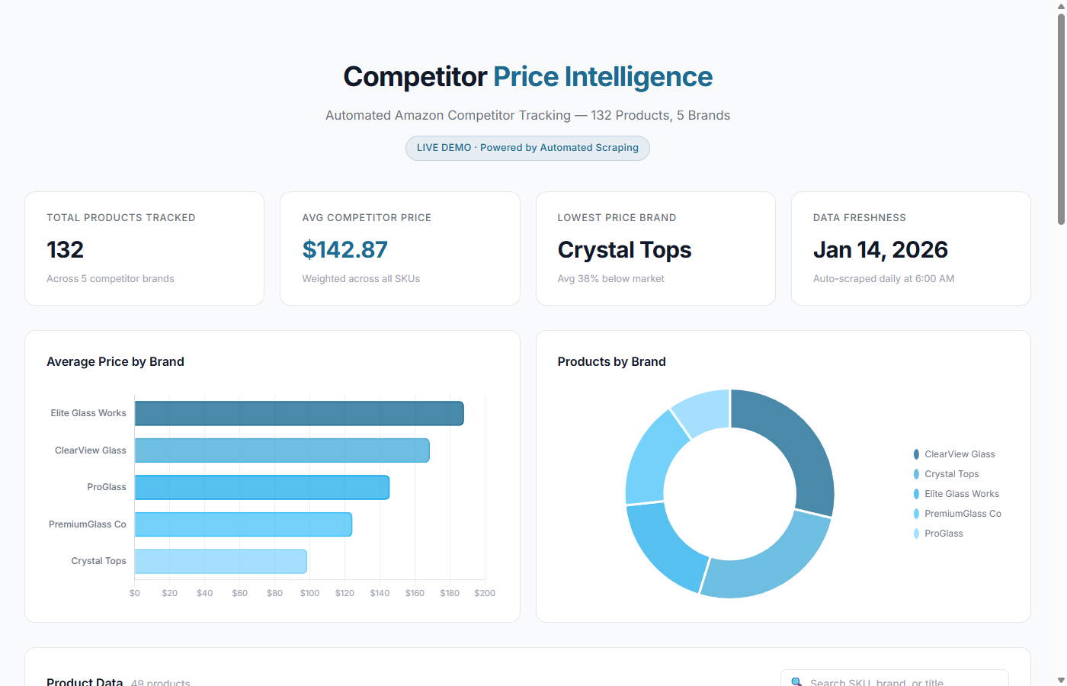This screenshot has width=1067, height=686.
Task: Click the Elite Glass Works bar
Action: [x=299, y=413]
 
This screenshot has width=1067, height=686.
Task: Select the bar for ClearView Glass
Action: [x=282, y=450]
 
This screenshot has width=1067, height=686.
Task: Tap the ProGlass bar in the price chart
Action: [x=262, y=487]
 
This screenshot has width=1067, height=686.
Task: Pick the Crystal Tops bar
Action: [x=221, y=561]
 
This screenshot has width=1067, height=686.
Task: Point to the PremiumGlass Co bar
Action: [x=243, y=524]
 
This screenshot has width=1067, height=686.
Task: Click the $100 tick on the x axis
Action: [x=309, y=593]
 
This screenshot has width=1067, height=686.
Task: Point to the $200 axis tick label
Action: [x=485, y=593]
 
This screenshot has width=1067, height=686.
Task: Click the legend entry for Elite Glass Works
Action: [x=961, y=494]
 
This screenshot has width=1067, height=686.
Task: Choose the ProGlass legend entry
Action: [x=944, y=534]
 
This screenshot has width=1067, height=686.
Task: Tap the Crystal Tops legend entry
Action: [x=951, y=474]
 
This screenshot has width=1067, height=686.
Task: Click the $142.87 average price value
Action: [x=344, y=250]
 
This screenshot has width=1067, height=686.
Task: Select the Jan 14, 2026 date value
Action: [x=880, y=250]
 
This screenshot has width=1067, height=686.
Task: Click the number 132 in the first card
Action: [x=65, y=250]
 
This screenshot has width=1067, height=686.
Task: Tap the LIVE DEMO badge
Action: [x=527, y=148]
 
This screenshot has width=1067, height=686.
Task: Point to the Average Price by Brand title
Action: [x=115, y=362]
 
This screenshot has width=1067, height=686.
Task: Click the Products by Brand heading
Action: [x=611, y=362]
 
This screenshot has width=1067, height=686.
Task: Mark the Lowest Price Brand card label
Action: [x=617, y=218]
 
